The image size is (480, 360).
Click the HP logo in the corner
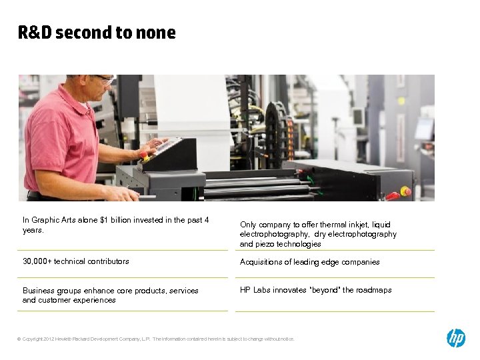pos(456,338)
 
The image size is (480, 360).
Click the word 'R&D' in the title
pos(35,33)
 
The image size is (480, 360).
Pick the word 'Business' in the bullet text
pos(39,291)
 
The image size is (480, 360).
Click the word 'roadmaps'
pos(373,290)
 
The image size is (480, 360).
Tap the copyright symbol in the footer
pos(19,339)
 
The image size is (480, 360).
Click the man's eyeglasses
pos(105,79)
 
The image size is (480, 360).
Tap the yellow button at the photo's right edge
pos(405,191)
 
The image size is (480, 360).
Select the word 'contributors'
pos(106,261)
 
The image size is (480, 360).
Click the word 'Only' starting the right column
pos(248,225)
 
